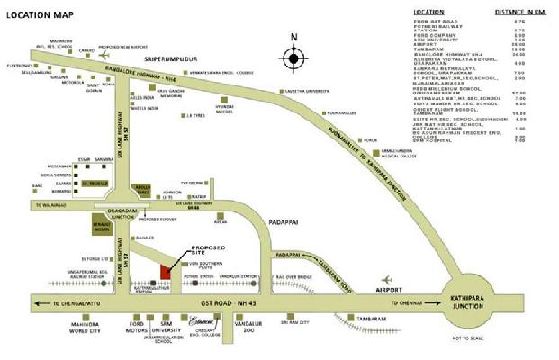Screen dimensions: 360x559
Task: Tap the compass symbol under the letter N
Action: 294,60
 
